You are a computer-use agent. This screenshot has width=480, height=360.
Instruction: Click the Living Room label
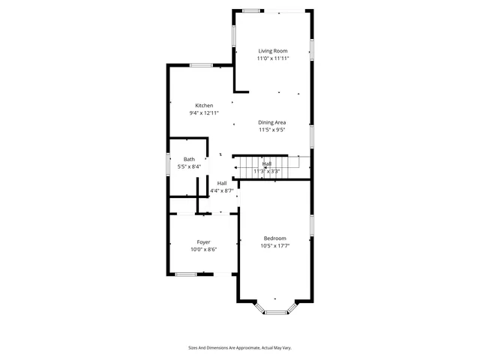click(273, 50)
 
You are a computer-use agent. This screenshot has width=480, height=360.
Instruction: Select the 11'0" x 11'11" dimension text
click(273, 58)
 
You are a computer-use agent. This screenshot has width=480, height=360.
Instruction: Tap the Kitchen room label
click(204, 106)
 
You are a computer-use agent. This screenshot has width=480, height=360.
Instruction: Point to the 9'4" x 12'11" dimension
click(204, 113)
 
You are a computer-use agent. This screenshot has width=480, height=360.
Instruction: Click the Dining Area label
click(272, 122)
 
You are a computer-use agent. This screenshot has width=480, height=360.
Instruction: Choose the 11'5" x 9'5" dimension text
click(272, 130)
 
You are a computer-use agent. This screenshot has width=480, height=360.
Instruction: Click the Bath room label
click(190, 159)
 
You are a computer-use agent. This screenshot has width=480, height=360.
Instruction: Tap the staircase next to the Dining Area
click(270, 163)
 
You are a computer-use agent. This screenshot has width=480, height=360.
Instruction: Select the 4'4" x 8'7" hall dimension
click(222, 190)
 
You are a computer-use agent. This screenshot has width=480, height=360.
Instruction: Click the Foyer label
click(203, 242)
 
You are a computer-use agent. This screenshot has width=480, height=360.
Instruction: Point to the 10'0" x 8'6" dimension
click(203, 250)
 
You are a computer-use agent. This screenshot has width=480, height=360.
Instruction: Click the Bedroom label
click(274, 238)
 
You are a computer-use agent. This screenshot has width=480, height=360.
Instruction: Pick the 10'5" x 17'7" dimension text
click(275, 245)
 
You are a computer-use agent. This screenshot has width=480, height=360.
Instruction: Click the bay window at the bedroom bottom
click(276, 310)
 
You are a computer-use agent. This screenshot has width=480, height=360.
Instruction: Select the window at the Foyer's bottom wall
click(186, 274)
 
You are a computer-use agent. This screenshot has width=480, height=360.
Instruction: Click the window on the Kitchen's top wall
click(200, 65)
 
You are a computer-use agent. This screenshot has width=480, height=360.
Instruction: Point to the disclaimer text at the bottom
click(239, 347)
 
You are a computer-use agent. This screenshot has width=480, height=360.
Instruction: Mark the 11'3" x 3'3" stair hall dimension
click(266, 172)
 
